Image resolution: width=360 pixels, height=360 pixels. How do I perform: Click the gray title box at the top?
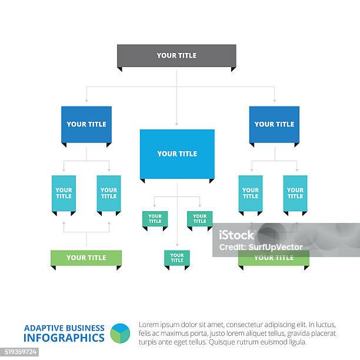[x=176, y=55]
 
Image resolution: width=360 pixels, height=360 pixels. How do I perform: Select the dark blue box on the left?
[x=86, y=124]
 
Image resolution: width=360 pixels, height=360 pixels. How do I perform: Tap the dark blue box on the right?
[x=274, y=124]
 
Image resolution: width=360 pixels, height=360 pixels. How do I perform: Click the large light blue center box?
[x=176, y=154]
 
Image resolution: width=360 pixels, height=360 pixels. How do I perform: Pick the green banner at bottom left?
[x=86, y=258]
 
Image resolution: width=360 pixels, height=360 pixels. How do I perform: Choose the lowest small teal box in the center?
[x=176, y=258]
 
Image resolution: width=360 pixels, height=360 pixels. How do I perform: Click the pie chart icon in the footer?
[x=120, y=333]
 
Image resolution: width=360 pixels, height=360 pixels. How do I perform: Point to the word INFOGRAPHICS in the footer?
[x=64, y=338]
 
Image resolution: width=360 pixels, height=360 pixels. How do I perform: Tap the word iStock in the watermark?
[x=236, y=235]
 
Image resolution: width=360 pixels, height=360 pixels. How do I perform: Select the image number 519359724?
[x=20, y=352]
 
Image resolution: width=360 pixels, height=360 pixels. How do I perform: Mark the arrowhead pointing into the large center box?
[x=176, y=125]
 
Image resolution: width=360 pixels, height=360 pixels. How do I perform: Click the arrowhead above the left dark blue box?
[x=86, y=101]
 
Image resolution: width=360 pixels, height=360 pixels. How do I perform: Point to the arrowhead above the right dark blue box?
[x=274, y=101]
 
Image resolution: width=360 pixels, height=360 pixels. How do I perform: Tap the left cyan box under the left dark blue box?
[x=64, y=193]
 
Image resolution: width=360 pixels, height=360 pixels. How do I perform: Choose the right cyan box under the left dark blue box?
[x=109, y=193]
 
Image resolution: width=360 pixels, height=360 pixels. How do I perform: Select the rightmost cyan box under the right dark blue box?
[x=295, y=193]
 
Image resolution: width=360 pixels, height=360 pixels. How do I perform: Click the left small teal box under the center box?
[x=155, y=219]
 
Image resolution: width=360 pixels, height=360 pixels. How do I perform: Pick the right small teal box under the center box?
[x=199, y=219]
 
